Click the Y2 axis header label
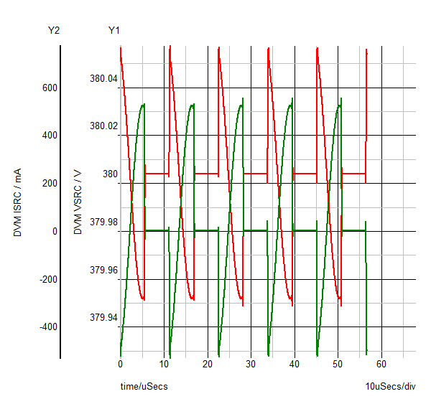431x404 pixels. pos(53,30)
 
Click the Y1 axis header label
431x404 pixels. pos(114,30)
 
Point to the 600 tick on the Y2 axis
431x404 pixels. pos(49,88)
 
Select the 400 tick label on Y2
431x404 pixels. pos(49,136)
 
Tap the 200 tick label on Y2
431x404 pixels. pos(49,183)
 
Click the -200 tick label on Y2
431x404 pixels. pos(47,279)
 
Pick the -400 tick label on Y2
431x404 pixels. pos(47,327)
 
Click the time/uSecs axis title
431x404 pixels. pos(144,387)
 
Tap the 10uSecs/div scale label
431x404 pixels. pos(390,387)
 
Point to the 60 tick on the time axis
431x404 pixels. pos(381,364)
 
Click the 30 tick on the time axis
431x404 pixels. pos(251,364)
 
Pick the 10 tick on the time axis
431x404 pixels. pos(164,364)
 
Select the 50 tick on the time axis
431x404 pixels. pos(338,364)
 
